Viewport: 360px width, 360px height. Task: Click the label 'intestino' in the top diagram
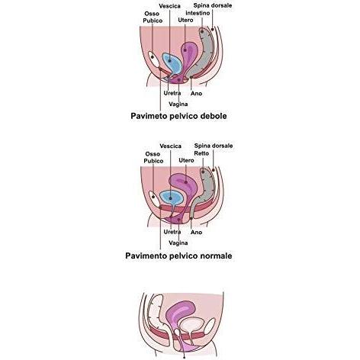coord(198,13)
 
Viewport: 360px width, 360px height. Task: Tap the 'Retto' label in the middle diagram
coord(201,153)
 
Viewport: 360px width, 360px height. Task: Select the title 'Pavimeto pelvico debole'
coord(178,116)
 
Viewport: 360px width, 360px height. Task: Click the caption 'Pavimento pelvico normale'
coord(178,256)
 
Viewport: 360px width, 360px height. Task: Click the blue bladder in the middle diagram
coord(171,198)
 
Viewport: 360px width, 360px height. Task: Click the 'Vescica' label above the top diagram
coord(169,6)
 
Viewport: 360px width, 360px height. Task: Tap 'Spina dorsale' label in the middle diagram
coord(214,146)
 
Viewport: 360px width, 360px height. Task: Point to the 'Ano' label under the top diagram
coord(196,94)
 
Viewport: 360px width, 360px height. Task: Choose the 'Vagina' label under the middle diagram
coord(178,243)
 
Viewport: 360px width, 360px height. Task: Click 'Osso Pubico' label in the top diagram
coord(153,17)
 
